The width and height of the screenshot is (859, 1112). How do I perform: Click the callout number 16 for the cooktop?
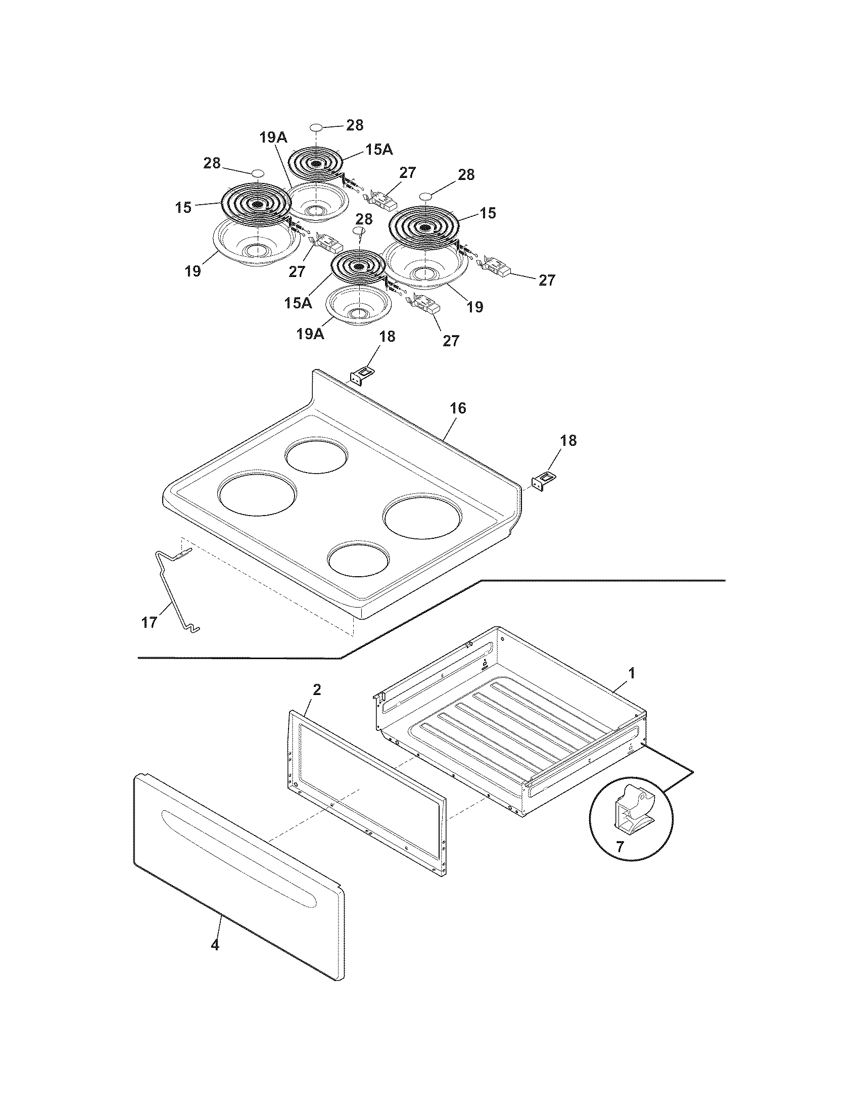point(458,408)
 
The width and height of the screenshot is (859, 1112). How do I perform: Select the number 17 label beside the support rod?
point(149,622)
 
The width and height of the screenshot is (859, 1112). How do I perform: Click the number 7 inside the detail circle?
point(619,847)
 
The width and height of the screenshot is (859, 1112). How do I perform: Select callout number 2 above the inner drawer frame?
point(316,690)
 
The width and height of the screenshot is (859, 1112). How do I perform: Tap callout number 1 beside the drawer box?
point(632,673)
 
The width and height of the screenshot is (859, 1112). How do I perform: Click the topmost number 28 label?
point(355,125)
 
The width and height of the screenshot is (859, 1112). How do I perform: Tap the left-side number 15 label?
point(184,207)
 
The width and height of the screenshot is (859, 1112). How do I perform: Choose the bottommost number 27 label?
point(451,340)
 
